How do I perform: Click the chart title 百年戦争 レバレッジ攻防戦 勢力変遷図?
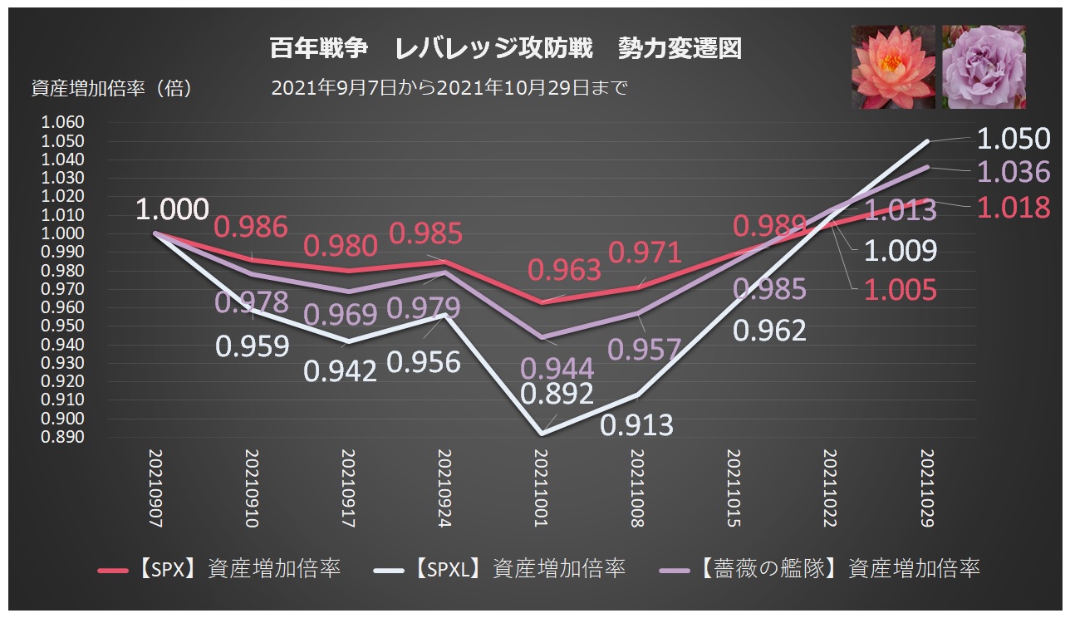click(x=505, y=49)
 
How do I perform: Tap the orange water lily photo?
click(x=894, y=66)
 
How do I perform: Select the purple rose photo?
click(x=984, y=66)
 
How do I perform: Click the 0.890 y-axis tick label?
click(x=62, y=437)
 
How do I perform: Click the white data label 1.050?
click(x=1013, y=139)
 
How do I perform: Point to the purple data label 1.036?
click(x=1013, y=172)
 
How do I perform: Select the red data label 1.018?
click(x=1013, y=207)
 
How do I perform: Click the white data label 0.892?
click(x=557, y=393)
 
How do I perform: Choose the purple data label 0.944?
click(x=557, y=368)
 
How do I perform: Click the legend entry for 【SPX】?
click(x=219, y=569)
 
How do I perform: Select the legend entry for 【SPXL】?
click(x=500, y=569)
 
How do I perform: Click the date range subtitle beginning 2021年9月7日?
click(x=449, y=88)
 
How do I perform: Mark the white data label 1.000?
click(x=173, y=209)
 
